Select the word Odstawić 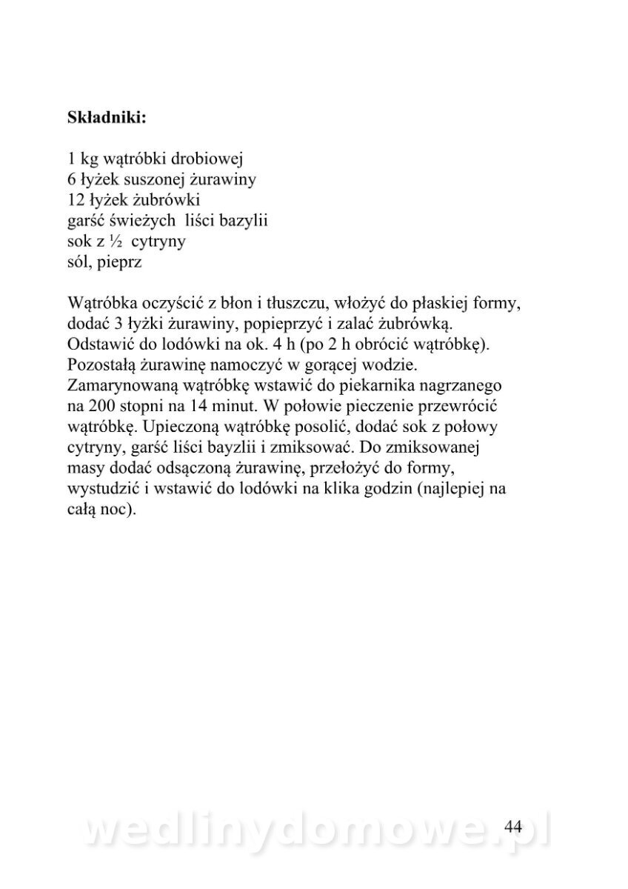click(x=97, y=344)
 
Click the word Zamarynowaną click(x=117, y=386)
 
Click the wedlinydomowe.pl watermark click(x=315, y=830)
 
